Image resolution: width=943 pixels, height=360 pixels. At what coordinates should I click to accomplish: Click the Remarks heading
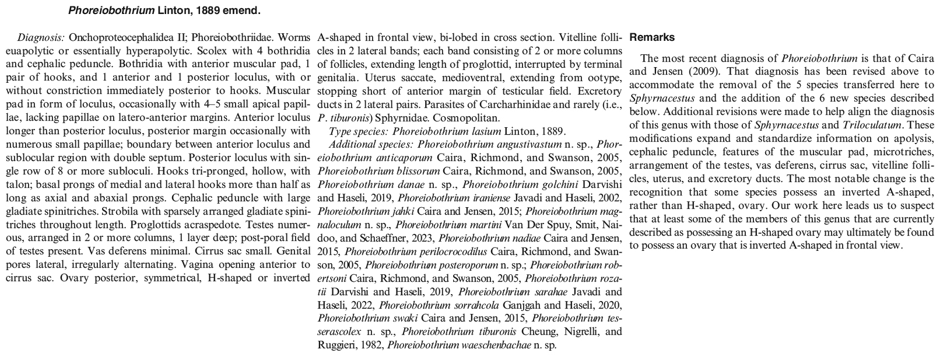652,37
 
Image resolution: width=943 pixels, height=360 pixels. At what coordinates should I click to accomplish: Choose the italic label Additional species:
372,144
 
